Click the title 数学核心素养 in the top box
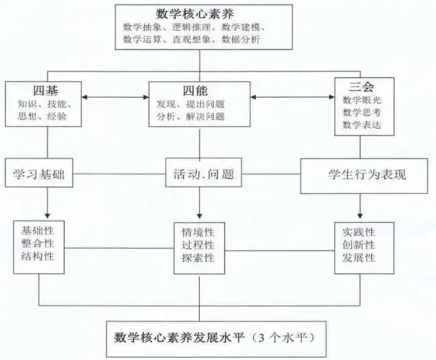[x=199, y=13]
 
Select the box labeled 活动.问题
[x=202, y=175]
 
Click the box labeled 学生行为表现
[x=367, y=175]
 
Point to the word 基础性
[x=38, y=229]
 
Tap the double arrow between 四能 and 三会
[x=290, y=97]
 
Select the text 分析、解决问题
[x=191, y=116]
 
